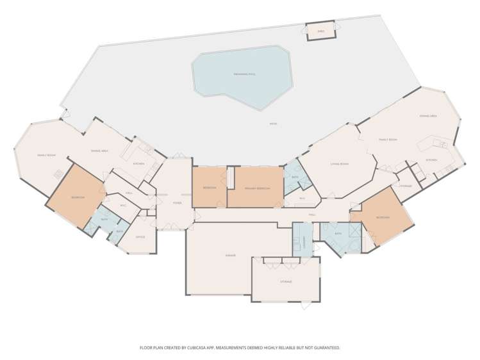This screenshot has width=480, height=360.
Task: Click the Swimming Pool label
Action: (x=245, y=75)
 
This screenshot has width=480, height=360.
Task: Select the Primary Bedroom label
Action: (x=256, y=188)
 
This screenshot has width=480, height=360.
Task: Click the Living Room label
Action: (x=339, y=164)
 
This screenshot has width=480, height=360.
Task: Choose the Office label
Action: (x=140, y=237)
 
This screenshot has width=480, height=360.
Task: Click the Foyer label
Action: (x=177, y=202)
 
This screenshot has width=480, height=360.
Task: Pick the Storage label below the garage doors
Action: (x=286, y=281)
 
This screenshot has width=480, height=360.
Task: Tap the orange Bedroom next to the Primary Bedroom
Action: (x=209, y=188)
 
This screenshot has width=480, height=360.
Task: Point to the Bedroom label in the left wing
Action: (x=78, y=197)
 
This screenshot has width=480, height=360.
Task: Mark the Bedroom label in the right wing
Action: (x=383, y=217)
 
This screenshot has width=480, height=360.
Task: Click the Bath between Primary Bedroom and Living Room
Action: (x=295, y=177)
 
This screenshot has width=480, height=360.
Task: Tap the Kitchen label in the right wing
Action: (x=431, y=160)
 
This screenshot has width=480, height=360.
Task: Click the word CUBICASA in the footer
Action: (x=204, y=348)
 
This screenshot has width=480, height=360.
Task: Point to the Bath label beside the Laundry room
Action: (x=338, y=234)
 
